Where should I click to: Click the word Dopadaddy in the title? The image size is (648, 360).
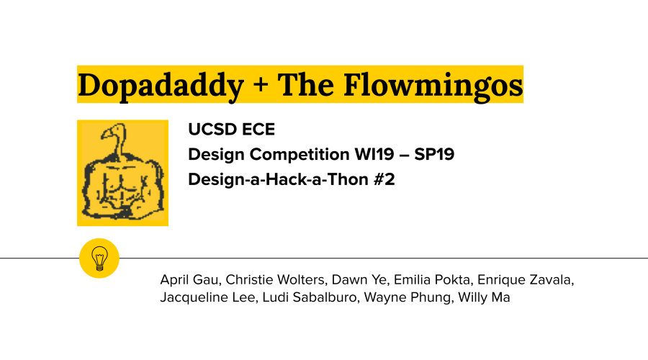161,86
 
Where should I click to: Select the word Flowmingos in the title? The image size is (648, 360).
433,86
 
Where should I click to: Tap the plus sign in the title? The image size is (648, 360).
261,86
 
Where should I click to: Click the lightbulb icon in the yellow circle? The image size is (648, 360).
99,258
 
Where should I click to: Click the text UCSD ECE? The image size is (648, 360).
231,130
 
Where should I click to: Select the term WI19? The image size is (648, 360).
374,154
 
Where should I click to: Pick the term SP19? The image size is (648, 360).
434,154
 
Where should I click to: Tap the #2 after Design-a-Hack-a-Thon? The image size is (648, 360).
384,179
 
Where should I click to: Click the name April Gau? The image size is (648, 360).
189,280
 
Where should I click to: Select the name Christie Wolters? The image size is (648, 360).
275,280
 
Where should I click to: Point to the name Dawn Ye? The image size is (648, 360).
359,280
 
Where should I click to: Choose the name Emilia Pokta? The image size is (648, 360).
432,280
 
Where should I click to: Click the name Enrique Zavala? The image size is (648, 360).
524,280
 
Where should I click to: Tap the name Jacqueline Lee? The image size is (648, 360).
207,297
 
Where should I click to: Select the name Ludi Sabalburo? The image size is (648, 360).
310,297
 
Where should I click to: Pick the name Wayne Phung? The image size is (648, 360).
408,297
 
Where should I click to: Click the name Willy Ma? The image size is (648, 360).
484,297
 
